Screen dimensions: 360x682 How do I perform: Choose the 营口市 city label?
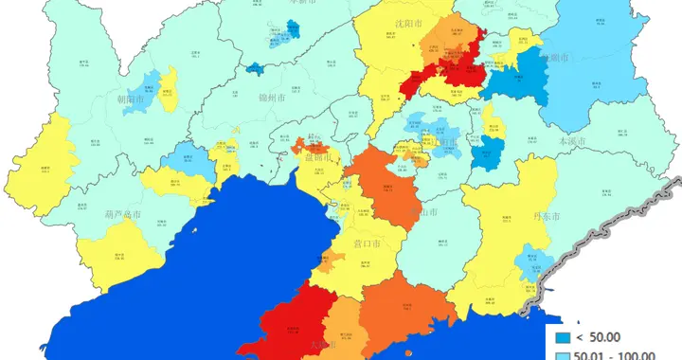[366, 243]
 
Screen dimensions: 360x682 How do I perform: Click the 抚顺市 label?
[556, 58]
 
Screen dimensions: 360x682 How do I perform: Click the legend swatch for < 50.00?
[563, 337]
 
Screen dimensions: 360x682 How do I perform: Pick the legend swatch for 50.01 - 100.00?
[563, 355]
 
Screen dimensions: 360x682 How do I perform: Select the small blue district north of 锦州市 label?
[256, 68]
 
